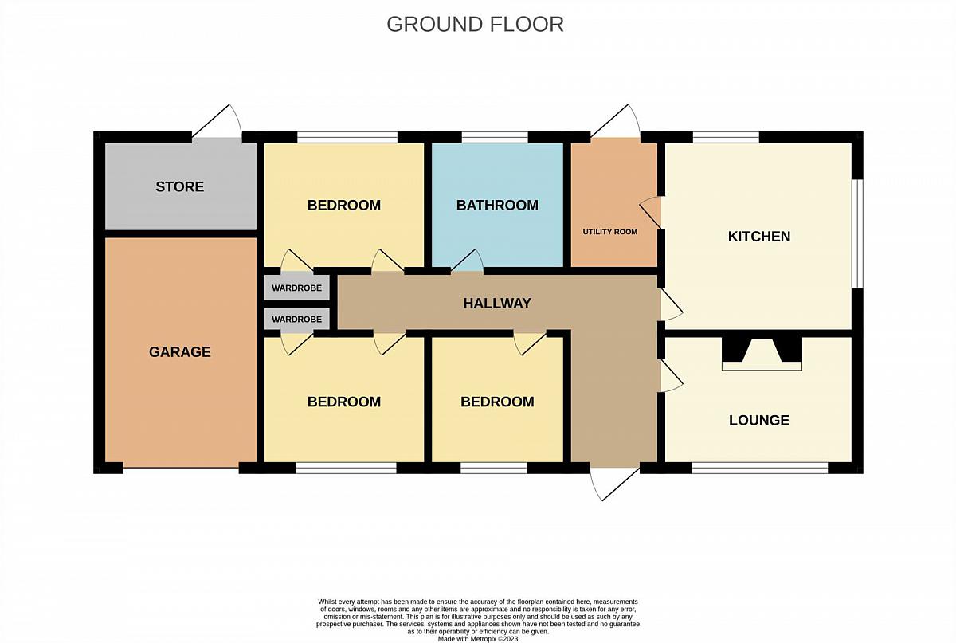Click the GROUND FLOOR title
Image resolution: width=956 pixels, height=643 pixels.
coord(475,25)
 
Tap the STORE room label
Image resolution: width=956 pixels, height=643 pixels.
coord(180,186)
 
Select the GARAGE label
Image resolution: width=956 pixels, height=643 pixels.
coord(180,352)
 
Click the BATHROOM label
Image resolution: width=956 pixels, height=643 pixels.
coord(497,206)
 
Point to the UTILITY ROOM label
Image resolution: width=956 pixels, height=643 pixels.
coord(610,232)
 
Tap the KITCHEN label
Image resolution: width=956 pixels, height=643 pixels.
coord(758,237)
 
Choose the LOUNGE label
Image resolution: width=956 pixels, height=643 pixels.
coord(758,420)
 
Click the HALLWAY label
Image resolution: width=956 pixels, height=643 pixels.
coord(497,303)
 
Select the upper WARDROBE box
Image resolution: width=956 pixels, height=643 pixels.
coord(296,288)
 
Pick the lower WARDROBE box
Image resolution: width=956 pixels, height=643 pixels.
coord(296,319)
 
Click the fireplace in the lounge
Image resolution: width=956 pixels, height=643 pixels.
coord(762,354)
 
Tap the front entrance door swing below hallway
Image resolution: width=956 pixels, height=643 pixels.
coord(614,484)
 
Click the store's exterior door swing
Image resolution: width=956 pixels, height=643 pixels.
coord(217,121)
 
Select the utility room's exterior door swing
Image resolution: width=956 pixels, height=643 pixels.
coord(615,121)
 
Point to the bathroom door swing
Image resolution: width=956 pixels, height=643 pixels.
coord(468,261)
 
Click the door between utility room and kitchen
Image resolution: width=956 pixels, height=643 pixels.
coord(650,213)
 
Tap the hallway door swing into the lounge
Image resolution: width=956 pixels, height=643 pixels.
coord(672,376)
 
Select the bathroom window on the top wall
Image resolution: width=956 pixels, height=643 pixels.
coord(495,137)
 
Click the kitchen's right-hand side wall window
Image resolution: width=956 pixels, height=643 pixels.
coord(857,233)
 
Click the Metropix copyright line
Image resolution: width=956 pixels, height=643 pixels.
coord(478,639)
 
